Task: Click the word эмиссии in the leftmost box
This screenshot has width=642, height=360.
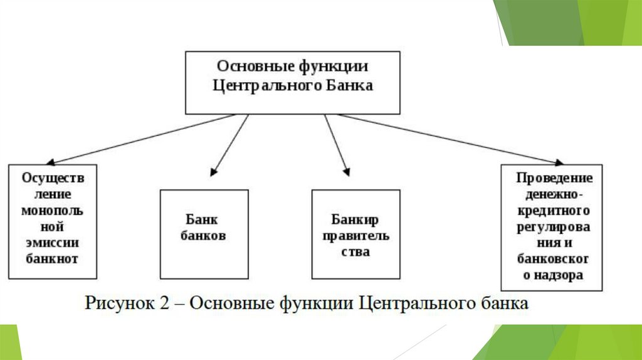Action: pyautogui.click(x=52, y=243)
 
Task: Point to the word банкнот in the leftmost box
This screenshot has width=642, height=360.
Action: pyautogui.click(x=52, y=258)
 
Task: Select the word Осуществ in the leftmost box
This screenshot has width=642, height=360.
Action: pyautogui.click(x=52, y=177)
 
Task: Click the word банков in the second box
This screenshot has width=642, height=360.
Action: pyautogui.click(x=203, y=236)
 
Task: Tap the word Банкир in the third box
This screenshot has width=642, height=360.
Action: pyautogui.click(x=355, y=220)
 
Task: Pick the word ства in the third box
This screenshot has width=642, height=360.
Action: pyautogui.click(x=355, y=252)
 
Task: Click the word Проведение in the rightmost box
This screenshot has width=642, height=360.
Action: pyautogui.click(x=554, y=178)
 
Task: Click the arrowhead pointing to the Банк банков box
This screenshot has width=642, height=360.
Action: pyautogui.click(x=214, y=171)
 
